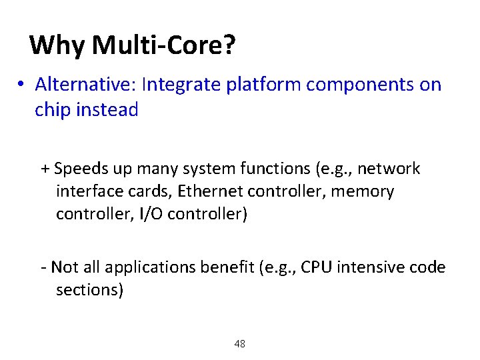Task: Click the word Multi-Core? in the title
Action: pyautogui.click(x=164, y=45)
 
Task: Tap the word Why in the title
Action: pyautogui.click(x=58, y=45)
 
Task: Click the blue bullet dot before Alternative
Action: pyautogui.click(x=22, y=85)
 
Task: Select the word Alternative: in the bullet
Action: pyautogui.click(x=86, y=85)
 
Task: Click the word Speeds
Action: pyautogui.click(x=79, y=169)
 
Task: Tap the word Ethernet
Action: pyautogui.click(x=211, y=192)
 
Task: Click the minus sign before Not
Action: pyautogui.click(x=43, y=268)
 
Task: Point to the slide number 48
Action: pyautogui.click(x=240, y=344)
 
